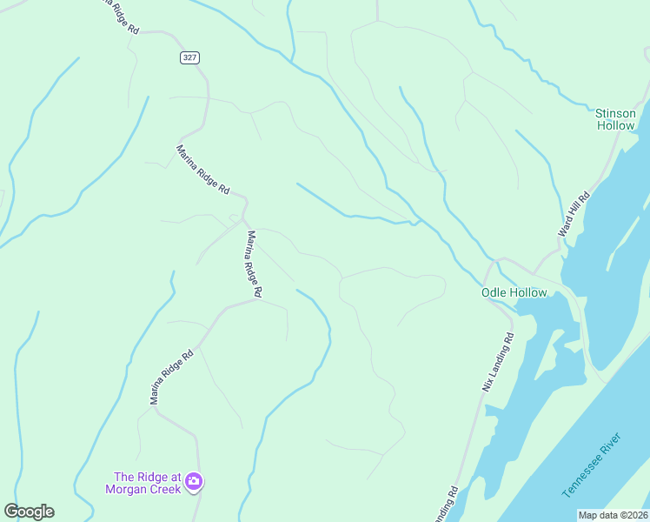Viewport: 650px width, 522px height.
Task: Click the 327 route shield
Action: [x=190, y=57]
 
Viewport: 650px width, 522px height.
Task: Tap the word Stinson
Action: [x=616, y=113]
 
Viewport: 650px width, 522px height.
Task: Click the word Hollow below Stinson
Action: [x=616, y=125]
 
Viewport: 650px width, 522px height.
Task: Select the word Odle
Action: [x=494, y=293]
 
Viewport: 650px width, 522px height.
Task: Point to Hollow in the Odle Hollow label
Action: [x=528, y=293]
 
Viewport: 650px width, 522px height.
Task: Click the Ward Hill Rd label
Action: [x=574, y=214]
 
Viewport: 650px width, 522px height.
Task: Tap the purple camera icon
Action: [x=194, y=480]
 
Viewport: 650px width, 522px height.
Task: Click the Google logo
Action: [x=29, y=512]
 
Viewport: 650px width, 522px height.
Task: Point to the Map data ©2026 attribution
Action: [x=612, y=515]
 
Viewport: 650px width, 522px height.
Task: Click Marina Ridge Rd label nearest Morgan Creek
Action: [x=171, y=378]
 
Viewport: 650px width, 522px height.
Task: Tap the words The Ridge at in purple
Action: [x=148, y=477]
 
